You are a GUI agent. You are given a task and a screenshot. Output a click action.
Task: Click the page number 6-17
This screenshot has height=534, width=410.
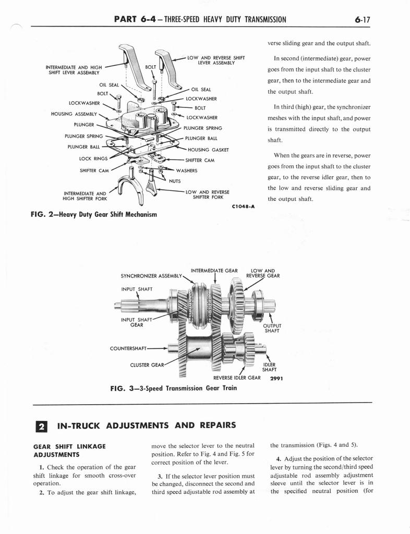(x=362, y=19)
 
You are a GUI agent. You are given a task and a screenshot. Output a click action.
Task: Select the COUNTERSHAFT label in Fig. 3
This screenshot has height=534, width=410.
(x=128, y=348)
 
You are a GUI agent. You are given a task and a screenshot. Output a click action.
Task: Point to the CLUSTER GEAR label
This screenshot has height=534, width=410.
(x=147, y=365)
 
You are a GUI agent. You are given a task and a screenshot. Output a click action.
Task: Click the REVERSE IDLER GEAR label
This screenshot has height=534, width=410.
(x=237, y=378)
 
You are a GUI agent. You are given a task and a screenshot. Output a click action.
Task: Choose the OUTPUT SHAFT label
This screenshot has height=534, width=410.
(x=272, y=329)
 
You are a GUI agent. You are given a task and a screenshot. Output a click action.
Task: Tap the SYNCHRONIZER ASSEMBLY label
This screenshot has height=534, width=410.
(x=152, y=276)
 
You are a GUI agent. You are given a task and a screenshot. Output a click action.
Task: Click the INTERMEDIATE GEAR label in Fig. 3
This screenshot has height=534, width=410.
(x=214, y=271)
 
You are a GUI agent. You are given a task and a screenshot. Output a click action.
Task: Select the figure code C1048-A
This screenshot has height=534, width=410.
(x=243, y=207)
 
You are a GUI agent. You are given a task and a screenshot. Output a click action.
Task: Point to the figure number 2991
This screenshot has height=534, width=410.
(x=276, y=379)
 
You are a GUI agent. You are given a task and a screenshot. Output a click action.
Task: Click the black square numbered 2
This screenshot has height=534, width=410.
(x=41, y=427)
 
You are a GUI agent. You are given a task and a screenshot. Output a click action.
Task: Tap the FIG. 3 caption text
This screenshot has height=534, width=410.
(x=174, y=388)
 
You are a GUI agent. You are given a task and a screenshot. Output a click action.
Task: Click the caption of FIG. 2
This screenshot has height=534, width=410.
(x=94, y=214)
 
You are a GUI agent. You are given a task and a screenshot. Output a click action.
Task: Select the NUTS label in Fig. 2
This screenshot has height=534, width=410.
(x=175, y=181)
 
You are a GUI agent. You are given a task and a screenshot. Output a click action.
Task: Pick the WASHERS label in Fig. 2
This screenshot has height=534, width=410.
(x=187, y=171)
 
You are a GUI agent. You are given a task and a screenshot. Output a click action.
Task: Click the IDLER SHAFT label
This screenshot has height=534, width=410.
(x=269, y=367)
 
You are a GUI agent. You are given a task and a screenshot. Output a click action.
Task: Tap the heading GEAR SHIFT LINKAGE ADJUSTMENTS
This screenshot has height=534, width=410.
(x=69, y=451)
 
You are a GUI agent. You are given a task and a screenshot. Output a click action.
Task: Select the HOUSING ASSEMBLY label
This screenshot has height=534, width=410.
(x=74, y=114)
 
